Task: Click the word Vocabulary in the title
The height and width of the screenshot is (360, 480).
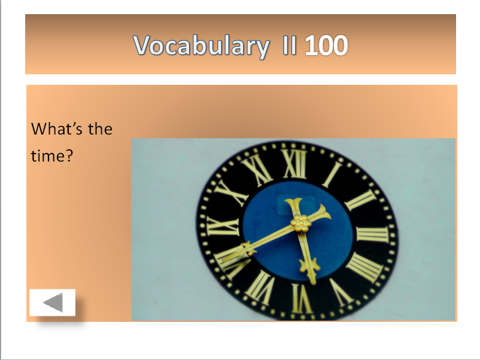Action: click(201, 46)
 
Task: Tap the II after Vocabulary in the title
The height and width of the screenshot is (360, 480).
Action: click(287, 46)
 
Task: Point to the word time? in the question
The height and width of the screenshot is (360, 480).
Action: click(52, 156)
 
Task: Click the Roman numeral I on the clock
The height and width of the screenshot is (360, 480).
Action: click(333, 173)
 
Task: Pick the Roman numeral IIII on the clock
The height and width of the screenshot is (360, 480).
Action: click(365, 266)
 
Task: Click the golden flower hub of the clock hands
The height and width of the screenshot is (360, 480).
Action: click(300, 224)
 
